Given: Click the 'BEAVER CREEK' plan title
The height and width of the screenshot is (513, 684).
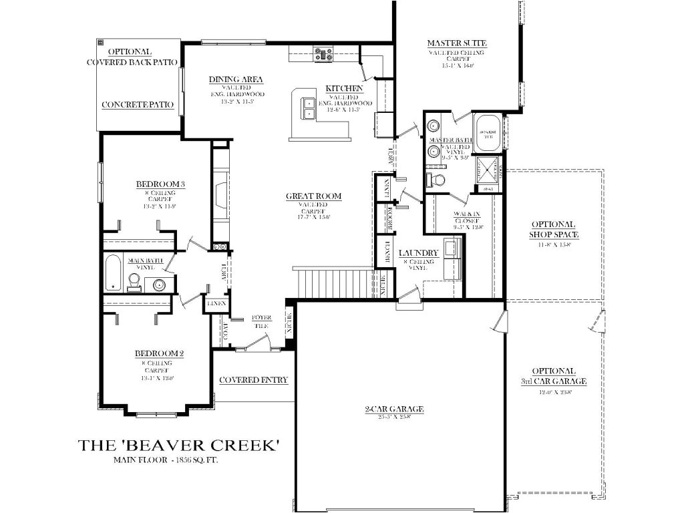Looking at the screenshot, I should click(x=178, y=445).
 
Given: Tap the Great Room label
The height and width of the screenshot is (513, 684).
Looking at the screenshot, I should click(x=313, y=196).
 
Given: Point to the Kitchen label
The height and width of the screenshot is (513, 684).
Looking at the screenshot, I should click(x=345, y=89).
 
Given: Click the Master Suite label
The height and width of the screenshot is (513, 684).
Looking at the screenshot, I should click(x=457, y=44).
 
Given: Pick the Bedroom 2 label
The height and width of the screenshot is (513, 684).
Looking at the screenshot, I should click(x=159, y=353).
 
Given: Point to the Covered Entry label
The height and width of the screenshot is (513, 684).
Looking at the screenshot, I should click(x=254, y=380).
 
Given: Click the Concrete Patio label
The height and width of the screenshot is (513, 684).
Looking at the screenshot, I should click(x=138, y=105).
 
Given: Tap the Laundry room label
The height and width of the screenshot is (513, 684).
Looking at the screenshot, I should click(x=418, y=253).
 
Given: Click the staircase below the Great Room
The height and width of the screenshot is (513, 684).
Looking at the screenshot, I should click(x=334, y=283).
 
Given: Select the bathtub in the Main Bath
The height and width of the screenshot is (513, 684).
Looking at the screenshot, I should click(x=114, y=273).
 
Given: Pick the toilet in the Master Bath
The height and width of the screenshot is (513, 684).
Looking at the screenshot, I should click(x=438, y=180).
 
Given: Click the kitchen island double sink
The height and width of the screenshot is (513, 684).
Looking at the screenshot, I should click(x=309, y=108).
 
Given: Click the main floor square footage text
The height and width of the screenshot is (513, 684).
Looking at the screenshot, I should click(x=166, y=461).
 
